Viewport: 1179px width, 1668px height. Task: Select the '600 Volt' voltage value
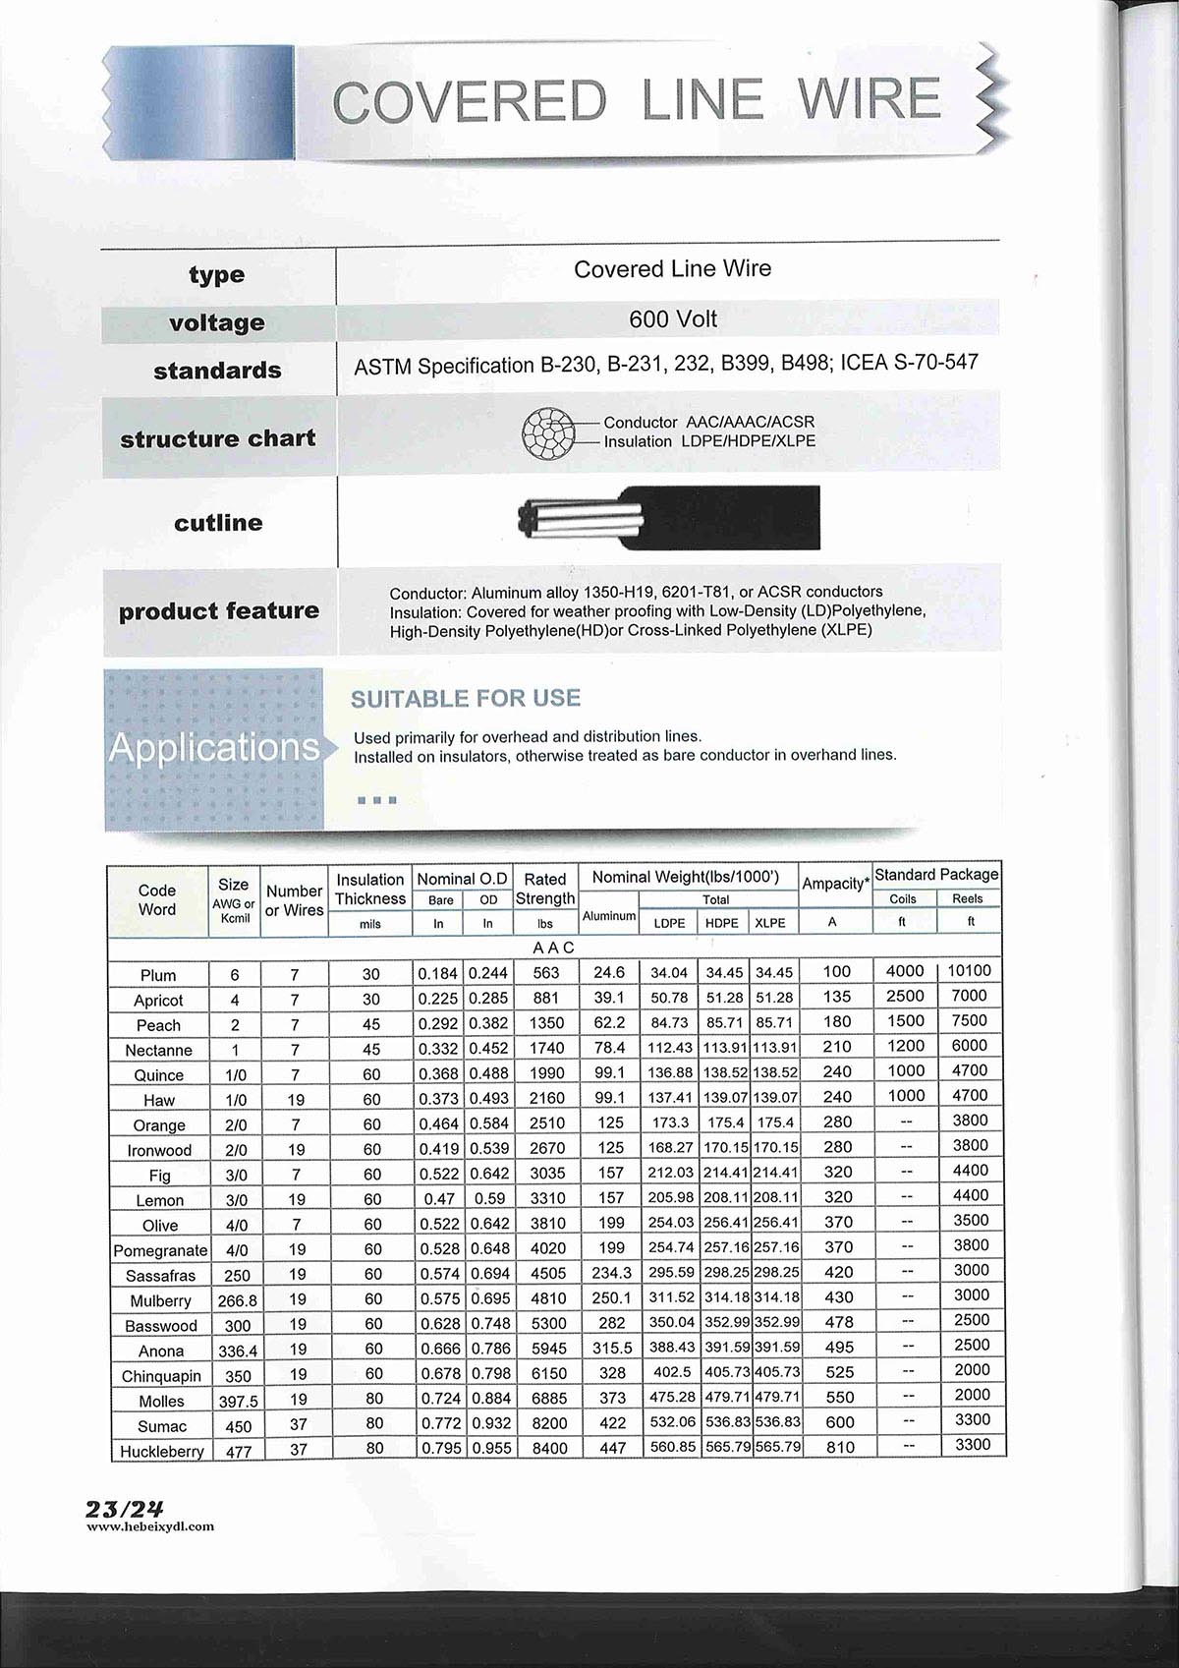click(x=673, y=319)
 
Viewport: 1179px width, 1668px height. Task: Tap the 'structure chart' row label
click(x=218, y=438)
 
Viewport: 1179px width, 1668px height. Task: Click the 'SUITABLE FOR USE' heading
click(x=466, y=698)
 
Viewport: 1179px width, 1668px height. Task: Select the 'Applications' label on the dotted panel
click(x=214, y=747)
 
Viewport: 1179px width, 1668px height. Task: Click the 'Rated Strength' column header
click(x=545, y=889)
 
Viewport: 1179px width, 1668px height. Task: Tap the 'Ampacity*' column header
click(x=836, y=884)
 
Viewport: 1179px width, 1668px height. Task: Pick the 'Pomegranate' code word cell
click(x=160, y=1251)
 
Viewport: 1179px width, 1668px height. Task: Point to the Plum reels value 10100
click(x=970, y=971)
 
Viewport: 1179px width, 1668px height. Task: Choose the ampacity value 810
click(x=838, y=1447)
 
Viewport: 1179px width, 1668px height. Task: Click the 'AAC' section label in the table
click(x=553, y=948)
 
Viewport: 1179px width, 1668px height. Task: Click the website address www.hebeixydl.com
click(x=150, y=1526)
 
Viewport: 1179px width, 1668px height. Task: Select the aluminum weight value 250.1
click(x=611, y=1298)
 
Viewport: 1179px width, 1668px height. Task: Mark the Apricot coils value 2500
click(x=905, y=996)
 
